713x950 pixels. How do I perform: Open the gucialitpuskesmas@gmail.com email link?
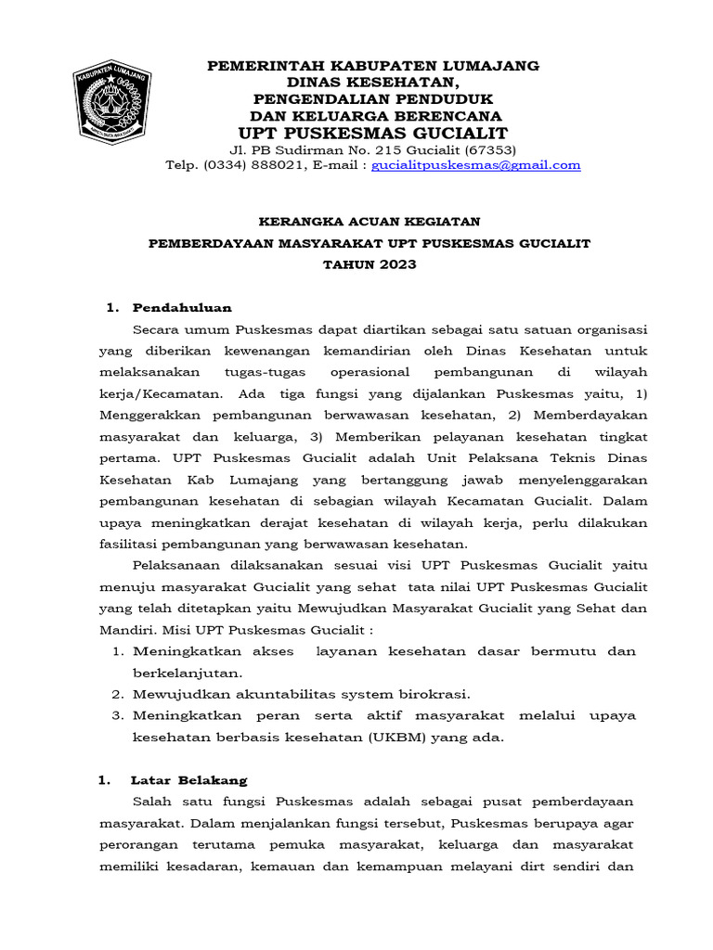tap(476, 165)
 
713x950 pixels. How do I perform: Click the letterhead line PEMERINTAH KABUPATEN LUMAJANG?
tap(372, 66)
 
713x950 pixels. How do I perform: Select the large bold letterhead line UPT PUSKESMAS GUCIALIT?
tap(372, 134)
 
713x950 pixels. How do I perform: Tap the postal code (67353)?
tap(486, 149)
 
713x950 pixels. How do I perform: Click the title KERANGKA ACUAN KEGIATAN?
tap(369, 221)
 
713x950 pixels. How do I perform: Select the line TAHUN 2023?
tap(369, 264)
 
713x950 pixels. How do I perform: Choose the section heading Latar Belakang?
tap(189, 780)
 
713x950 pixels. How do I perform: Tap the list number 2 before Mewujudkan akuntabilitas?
tap(118, 694)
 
